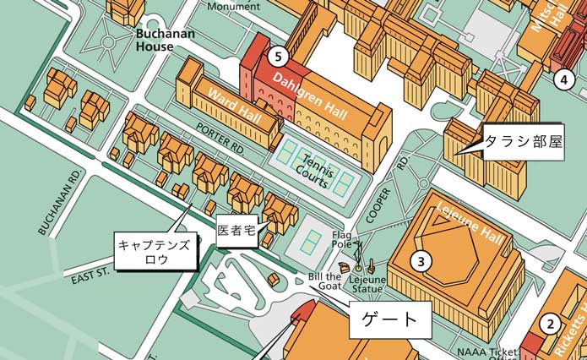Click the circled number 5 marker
(280, 57)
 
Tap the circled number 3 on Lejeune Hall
(420, 261)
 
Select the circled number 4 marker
(563, 80)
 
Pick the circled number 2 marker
(550, 322)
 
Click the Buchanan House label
(166, 41)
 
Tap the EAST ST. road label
(90, 277)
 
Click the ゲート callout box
(389, 319)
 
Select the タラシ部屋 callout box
(521, 140)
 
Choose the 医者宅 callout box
(236, 229)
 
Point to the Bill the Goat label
(325, 281)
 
